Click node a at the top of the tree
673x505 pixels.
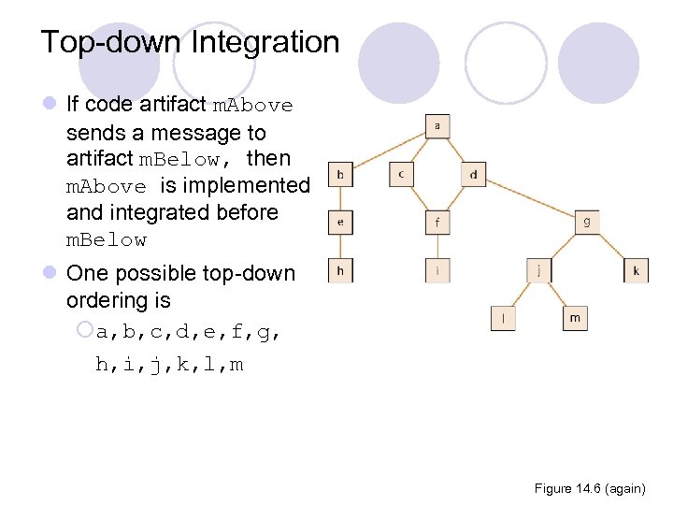tap(438, 126)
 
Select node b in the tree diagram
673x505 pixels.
tap(340, 174)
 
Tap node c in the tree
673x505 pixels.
tap(401, 174)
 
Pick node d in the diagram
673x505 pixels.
tap(473, 174)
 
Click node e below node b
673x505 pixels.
tap(340, 222)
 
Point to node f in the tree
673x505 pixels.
tap(437, 223)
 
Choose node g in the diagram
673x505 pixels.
tap(586, 222)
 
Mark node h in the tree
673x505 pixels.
tap(340, 270)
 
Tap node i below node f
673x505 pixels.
tap(437, 271)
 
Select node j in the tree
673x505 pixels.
tap(538, 271)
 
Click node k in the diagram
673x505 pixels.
tap(636, 271)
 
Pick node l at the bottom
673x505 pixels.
tap(503, 318)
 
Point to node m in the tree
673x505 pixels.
tap(575, 318)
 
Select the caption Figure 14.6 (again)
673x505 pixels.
tap(589, 488)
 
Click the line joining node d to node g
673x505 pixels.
tap(530, 198)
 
